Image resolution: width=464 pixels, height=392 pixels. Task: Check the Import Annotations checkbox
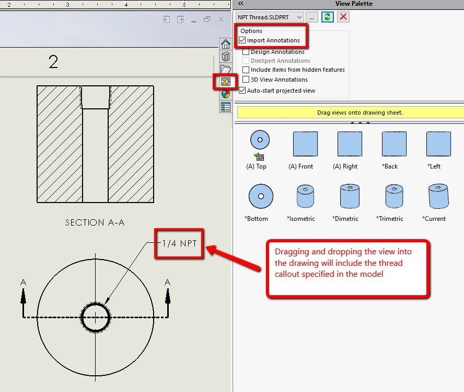click(242, 40)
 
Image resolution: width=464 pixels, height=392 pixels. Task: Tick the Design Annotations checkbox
click(246, 52)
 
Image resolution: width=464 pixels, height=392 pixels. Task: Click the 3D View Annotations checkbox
click(246, 80)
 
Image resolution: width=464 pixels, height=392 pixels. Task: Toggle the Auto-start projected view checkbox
click(242, 91)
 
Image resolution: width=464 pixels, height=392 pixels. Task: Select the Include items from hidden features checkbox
click(246, 70)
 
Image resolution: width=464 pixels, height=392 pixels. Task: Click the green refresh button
click(328, 17)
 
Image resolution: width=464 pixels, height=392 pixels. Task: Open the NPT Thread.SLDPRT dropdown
click(299, 17)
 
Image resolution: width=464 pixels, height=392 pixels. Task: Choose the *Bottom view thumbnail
click(259, 196)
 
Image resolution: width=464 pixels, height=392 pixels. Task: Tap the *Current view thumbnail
click(438, 196)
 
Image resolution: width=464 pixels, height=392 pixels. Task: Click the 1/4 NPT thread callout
click(179, 243)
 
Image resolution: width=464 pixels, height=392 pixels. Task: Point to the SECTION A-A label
click(95, 222)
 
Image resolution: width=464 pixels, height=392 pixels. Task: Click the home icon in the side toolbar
click(226, 44)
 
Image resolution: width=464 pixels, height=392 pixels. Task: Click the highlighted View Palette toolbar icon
click(226, 82)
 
